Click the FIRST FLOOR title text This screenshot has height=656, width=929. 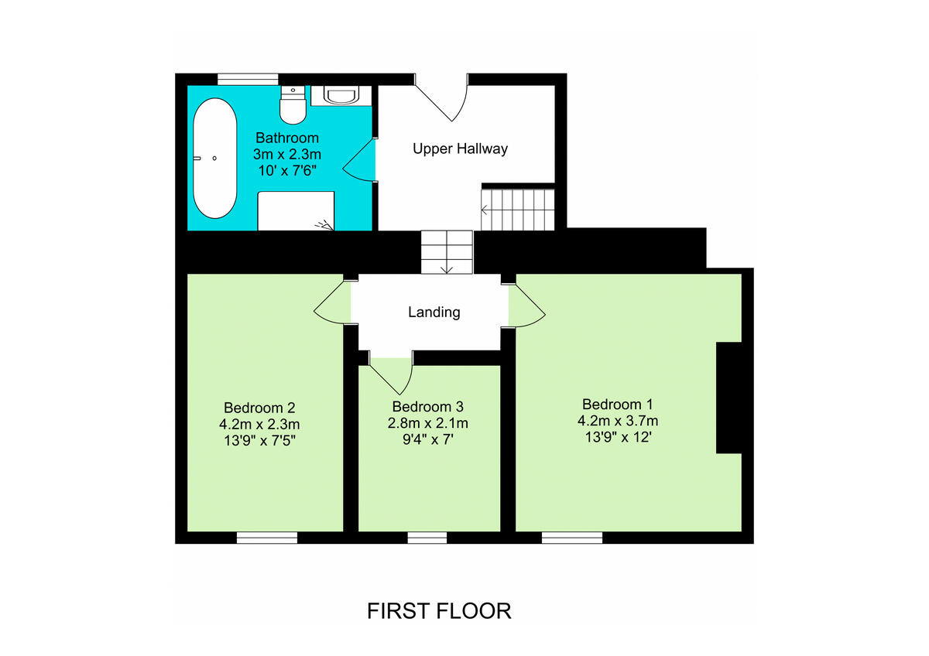pos(439,610)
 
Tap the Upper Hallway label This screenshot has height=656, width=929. pos(460,148)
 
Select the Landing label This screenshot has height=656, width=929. pos(434,313)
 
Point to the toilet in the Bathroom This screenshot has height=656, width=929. pos(293,107)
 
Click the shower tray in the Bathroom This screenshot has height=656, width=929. pos(296,211)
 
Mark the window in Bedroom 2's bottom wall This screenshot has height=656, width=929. pos(267,538)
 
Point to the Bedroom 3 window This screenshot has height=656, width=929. pos(427,538)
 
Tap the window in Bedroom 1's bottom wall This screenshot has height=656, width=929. pos(572,538)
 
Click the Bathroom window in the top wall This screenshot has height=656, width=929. pos(248,78)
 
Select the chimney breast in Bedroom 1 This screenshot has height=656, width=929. pos(728,398)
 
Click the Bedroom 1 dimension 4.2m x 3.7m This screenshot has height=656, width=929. pos(618,421)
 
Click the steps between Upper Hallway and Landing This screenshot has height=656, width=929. pos(447,251)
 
